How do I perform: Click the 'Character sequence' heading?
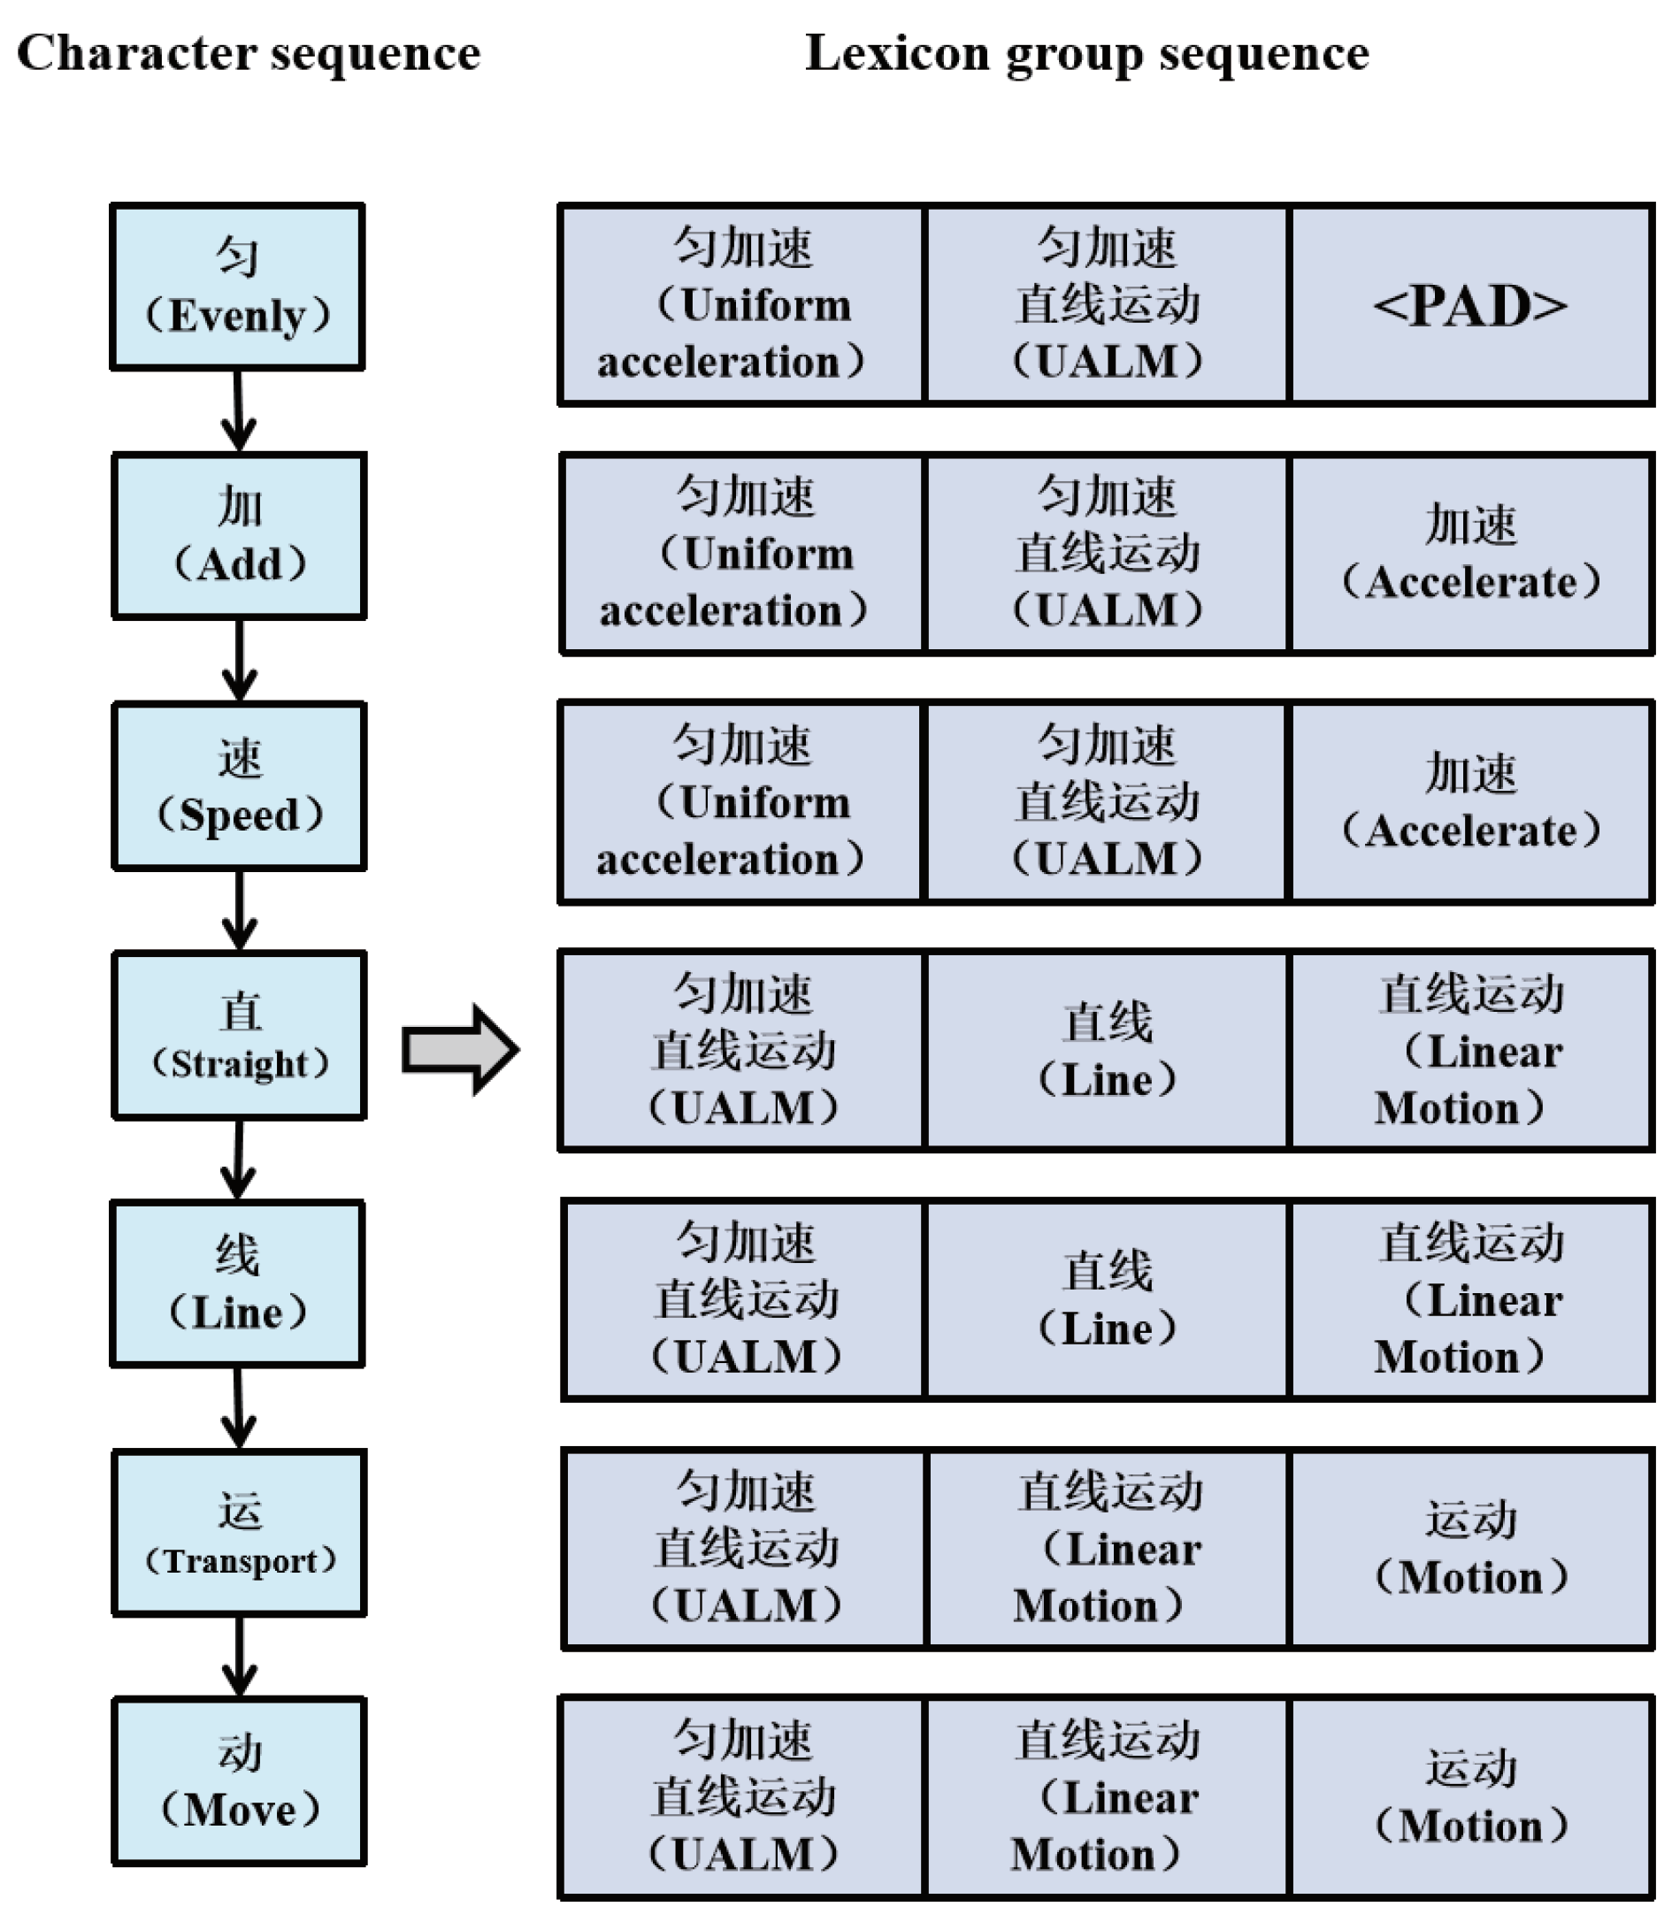(x=249, y=53)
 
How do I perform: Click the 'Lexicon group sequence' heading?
(x=1087, y=53)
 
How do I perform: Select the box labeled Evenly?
(x=237, y=287)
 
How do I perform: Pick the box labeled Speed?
(x=239, y=785)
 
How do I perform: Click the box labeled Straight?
(x=239, y=1035)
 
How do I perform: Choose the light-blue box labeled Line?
(x=237, y=1283)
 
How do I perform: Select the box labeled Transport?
(x=239, y=1533)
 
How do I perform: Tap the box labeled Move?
(x=239, y=1782)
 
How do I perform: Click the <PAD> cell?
(x=1469, y=305)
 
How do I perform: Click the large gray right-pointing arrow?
(x=460, y=1050)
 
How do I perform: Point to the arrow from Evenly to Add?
(x=239, y=411)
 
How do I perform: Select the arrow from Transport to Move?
(x=239, y=1657)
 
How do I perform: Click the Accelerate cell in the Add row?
(x=1469, y=555)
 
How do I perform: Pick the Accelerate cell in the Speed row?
(x=1469, y=802)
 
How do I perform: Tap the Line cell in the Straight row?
(x=1107, y=1051)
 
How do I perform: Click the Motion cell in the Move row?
(x=1469, y=1797)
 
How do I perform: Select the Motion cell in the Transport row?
(x=1469, y=1549)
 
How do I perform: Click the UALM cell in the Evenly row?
(x=1107, y=305)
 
